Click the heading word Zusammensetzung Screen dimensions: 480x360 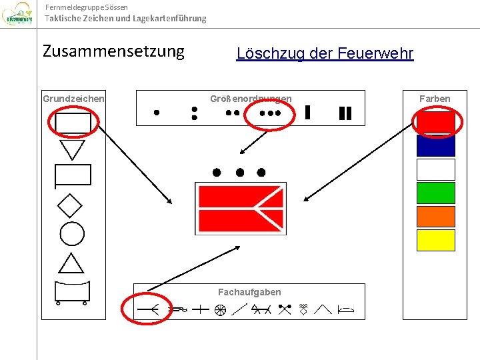click(x=113, y=52)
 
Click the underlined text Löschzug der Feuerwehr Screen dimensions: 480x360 click(x=325, y=54)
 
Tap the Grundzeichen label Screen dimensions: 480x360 click(x=73, y=99)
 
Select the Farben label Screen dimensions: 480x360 click(x=435, y=99)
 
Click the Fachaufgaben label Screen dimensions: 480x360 click(x=249, y=292)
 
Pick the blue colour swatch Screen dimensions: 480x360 click(x=435, y=145)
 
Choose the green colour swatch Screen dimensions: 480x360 click(x=435, y=193)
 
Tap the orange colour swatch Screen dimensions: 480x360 click(x=435, y=216)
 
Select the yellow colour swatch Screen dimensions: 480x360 click(x=435, y=240)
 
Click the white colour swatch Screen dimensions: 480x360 click(x=435, y=169)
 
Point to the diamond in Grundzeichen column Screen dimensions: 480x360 click(x=70, y=205)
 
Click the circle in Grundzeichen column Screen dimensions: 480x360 click(x=72, y=234)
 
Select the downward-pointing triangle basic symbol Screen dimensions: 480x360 click(x=72, y=149)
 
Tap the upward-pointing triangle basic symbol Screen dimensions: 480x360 click(x=71, y=263)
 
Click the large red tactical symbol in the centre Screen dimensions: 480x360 click(x=240, y=208)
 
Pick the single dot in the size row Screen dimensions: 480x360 click(x=157, y=113)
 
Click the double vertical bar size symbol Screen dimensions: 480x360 click(x=345, y=113)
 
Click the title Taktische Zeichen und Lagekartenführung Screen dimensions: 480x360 click(x=125, y=19)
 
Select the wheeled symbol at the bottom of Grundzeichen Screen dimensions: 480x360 click(x=71, y=292)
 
